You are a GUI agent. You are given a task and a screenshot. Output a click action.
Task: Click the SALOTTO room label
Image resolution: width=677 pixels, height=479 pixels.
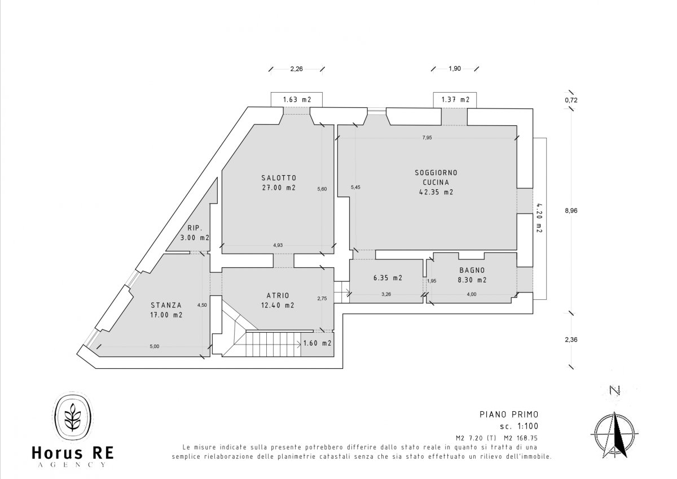click(279, 178)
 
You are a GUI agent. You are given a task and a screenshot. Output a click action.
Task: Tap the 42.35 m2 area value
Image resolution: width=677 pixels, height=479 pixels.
click(436, 192)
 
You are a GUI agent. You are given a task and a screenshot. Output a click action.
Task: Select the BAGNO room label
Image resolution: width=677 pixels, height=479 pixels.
click(472, 270)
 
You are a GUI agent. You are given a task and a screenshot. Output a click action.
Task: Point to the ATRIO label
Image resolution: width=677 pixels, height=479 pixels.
click(278, 295)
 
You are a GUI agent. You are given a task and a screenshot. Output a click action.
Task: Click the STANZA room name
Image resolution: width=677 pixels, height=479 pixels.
click(166, 306)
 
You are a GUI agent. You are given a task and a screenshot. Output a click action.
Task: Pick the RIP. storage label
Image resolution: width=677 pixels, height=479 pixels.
click(195, 228)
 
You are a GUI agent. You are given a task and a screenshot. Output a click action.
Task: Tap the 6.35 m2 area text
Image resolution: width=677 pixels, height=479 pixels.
click(388, 278)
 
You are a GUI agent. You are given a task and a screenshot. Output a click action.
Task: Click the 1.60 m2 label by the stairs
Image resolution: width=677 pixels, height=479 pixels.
click(317, 343)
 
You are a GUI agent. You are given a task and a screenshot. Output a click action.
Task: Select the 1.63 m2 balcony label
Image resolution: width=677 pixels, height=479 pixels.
click(297, 99)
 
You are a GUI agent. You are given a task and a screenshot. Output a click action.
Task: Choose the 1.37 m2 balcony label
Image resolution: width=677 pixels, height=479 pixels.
click(455, 99)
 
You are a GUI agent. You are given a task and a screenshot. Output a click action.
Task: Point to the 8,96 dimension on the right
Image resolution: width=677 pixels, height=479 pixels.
click(571, 211)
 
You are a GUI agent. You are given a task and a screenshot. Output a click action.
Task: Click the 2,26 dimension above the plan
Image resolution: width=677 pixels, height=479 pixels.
click(297, 69)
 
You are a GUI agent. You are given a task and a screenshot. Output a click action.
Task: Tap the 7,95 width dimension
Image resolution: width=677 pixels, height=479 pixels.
click(427, 138)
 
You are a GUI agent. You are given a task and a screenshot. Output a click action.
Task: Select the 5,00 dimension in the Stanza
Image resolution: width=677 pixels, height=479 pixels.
click(155, 346)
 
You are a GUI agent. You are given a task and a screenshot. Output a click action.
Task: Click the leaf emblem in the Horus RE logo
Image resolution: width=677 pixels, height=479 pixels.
click(73, 417)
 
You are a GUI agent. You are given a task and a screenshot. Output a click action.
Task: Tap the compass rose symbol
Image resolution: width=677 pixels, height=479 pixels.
click(614, 435)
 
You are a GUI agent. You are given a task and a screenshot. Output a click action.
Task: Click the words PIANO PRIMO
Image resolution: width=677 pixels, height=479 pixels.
click(509, 414)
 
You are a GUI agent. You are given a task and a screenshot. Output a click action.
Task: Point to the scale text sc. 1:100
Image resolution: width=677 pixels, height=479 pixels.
click(519, 426)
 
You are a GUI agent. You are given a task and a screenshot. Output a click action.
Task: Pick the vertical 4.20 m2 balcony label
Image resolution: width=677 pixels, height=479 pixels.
click(539, 217)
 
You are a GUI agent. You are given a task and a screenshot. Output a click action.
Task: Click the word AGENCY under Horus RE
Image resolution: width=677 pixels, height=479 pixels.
click(73, 464)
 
